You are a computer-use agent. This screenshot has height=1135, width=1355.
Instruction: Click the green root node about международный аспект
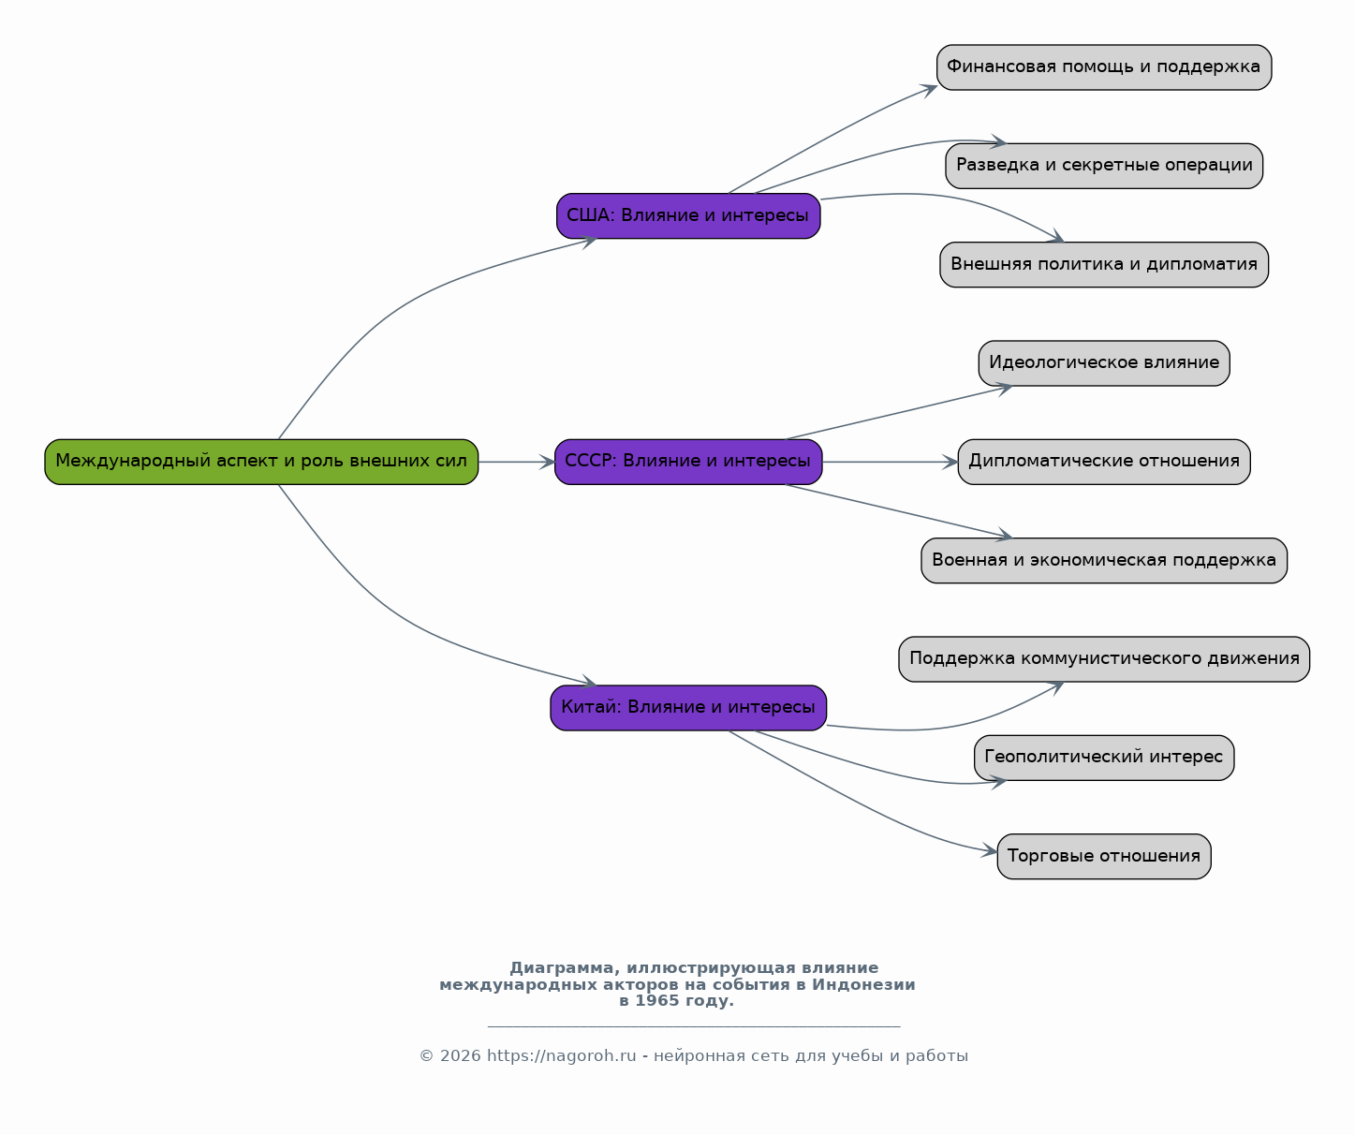(261, 462)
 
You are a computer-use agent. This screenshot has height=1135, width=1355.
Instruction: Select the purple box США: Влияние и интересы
(688, 216)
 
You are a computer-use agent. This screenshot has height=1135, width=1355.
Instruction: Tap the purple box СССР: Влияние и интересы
(688, 462)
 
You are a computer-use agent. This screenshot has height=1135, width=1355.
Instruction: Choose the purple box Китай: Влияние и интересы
(688, 708)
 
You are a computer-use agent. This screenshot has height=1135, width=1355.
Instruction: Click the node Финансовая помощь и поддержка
(1104, 67)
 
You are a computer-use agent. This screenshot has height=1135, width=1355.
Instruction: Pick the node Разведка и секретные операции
(1104, 166)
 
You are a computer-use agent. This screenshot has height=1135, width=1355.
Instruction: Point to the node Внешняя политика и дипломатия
(1104, 265)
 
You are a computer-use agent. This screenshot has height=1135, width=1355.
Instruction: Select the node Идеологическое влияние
(1104, 363)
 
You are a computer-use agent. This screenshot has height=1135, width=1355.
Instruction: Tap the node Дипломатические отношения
(1104, 462)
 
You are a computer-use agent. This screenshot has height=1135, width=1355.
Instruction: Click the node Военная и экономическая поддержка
(1104, 561)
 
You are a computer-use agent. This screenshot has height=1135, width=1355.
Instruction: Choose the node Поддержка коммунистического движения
(1104, 659)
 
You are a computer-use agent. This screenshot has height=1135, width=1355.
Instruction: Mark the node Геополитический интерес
(1104, 758)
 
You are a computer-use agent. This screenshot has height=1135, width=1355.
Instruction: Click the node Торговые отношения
(1104, 857)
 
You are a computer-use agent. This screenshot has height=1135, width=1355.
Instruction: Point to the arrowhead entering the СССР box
(548, 462)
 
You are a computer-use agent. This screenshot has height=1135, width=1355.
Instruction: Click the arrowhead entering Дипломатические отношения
(950, 462)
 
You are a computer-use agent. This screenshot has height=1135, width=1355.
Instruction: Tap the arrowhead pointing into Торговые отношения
(990, 850)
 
